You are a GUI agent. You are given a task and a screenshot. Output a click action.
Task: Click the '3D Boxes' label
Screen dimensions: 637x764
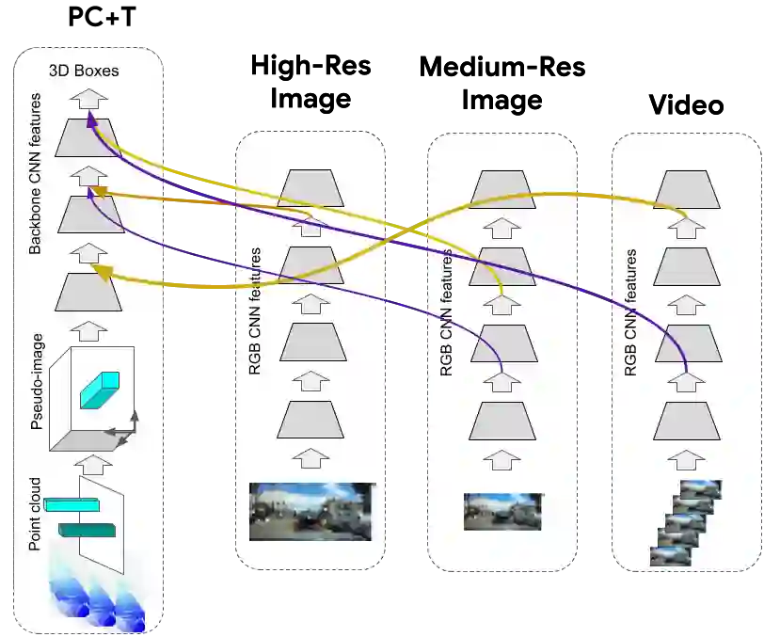(85, 71)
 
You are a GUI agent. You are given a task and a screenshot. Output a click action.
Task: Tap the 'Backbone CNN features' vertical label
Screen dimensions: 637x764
(36, 173)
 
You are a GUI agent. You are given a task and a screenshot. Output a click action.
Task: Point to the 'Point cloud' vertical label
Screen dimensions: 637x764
(36, 513)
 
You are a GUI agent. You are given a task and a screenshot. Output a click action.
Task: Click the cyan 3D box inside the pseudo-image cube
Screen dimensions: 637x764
(99, 390)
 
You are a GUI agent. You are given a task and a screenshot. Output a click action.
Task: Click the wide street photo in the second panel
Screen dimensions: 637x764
(311, 512)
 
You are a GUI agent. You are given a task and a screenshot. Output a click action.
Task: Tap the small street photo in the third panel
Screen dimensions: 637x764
(502, 512)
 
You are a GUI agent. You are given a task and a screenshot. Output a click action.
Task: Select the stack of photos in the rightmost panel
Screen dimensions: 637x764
(685, 522)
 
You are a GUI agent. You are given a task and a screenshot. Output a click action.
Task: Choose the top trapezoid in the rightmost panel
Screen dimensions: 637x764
(687, 188)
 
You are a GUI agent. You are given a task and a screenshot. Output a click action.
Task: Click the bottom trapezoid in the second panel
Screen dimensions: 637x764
(312, 419)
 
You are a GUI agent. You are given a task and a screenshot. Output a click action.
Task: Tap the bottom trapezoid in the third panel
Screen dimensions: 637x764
(502, 420)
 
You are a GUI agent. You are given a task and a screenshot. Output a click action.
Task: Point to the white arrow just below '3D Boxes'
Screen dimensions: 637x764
(89, 96)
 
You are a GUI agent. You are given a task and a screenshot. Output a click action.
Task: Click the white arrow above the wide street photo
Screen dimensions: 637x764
(312, 460)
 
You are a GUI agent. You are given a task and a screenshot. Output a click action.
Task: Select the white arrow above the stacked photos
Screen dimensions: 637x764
(687, 460)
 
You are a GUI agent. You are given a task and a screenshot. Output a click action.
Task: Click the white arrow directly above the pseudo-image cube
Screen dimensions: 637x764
(90, 330)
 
